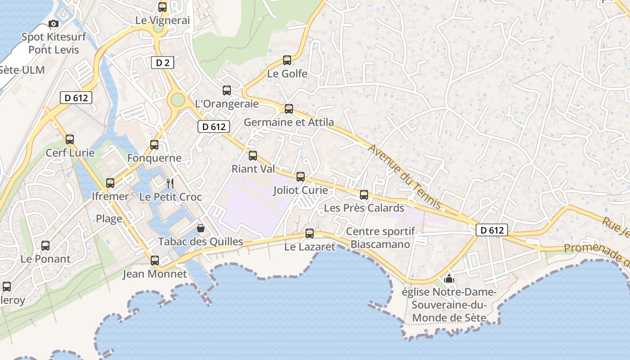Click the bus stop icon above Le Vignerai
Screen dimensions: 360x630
(162, 7)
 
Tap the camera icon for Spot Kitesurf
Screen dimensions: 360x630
(54, 23)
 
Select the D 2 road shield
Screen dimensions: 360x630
(163, 63)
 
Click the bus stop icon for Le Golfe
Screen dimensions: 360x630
(287, 60)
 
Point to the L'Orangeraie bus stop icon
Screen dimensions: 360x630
(227, 90)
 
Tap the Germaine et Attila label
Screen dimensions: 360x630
(288, 122)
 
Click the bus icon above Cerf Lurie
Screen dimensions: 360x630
(70, 139)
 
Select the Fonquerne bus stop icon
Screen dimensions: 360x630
(154, 144)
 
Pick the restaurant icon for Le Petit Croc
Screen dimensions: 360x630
(170, 183)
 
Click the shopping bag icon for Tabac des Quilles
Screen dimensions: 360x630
(201, 228)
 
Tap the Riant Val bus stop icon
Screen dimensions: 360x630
(253, 155)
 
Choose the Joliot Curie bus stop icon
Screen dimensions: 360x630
(301, 177)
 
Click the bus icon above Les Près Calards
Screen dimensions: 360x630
(364, 194)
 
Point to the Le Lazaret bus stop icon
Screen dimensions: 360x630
(310, 233)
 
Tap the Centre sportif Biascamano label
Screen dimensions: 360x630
(380, 238)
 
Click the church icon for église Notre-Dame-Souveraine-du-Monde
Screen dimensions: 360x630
(449, 279)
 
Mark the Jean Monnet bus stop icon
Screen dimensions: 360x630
(155, 260)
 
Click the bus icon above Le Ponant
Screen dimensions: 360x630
(45, 245)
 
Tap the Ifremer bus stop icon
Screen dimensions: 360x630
(110, 183)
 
